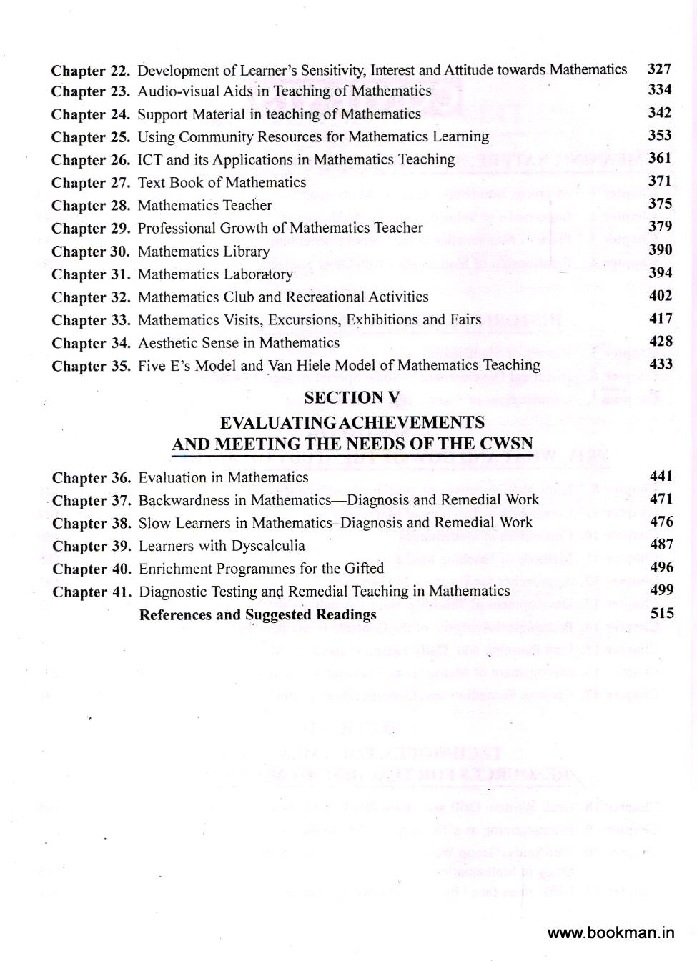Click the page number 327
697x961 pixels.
pos(659,69)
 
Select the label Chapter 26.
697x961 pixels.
pos(90,160)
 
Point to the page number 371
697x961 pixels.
pos(660,181)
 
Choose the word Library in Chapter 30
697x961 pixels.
pos(246,252)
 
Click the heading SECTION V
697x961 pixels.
pos(353,398)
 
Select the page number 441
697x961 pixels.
pos(661,476)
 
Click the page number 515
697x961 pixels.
pos(662,613)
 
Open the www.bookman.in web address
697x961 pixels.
pos(611,932)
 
